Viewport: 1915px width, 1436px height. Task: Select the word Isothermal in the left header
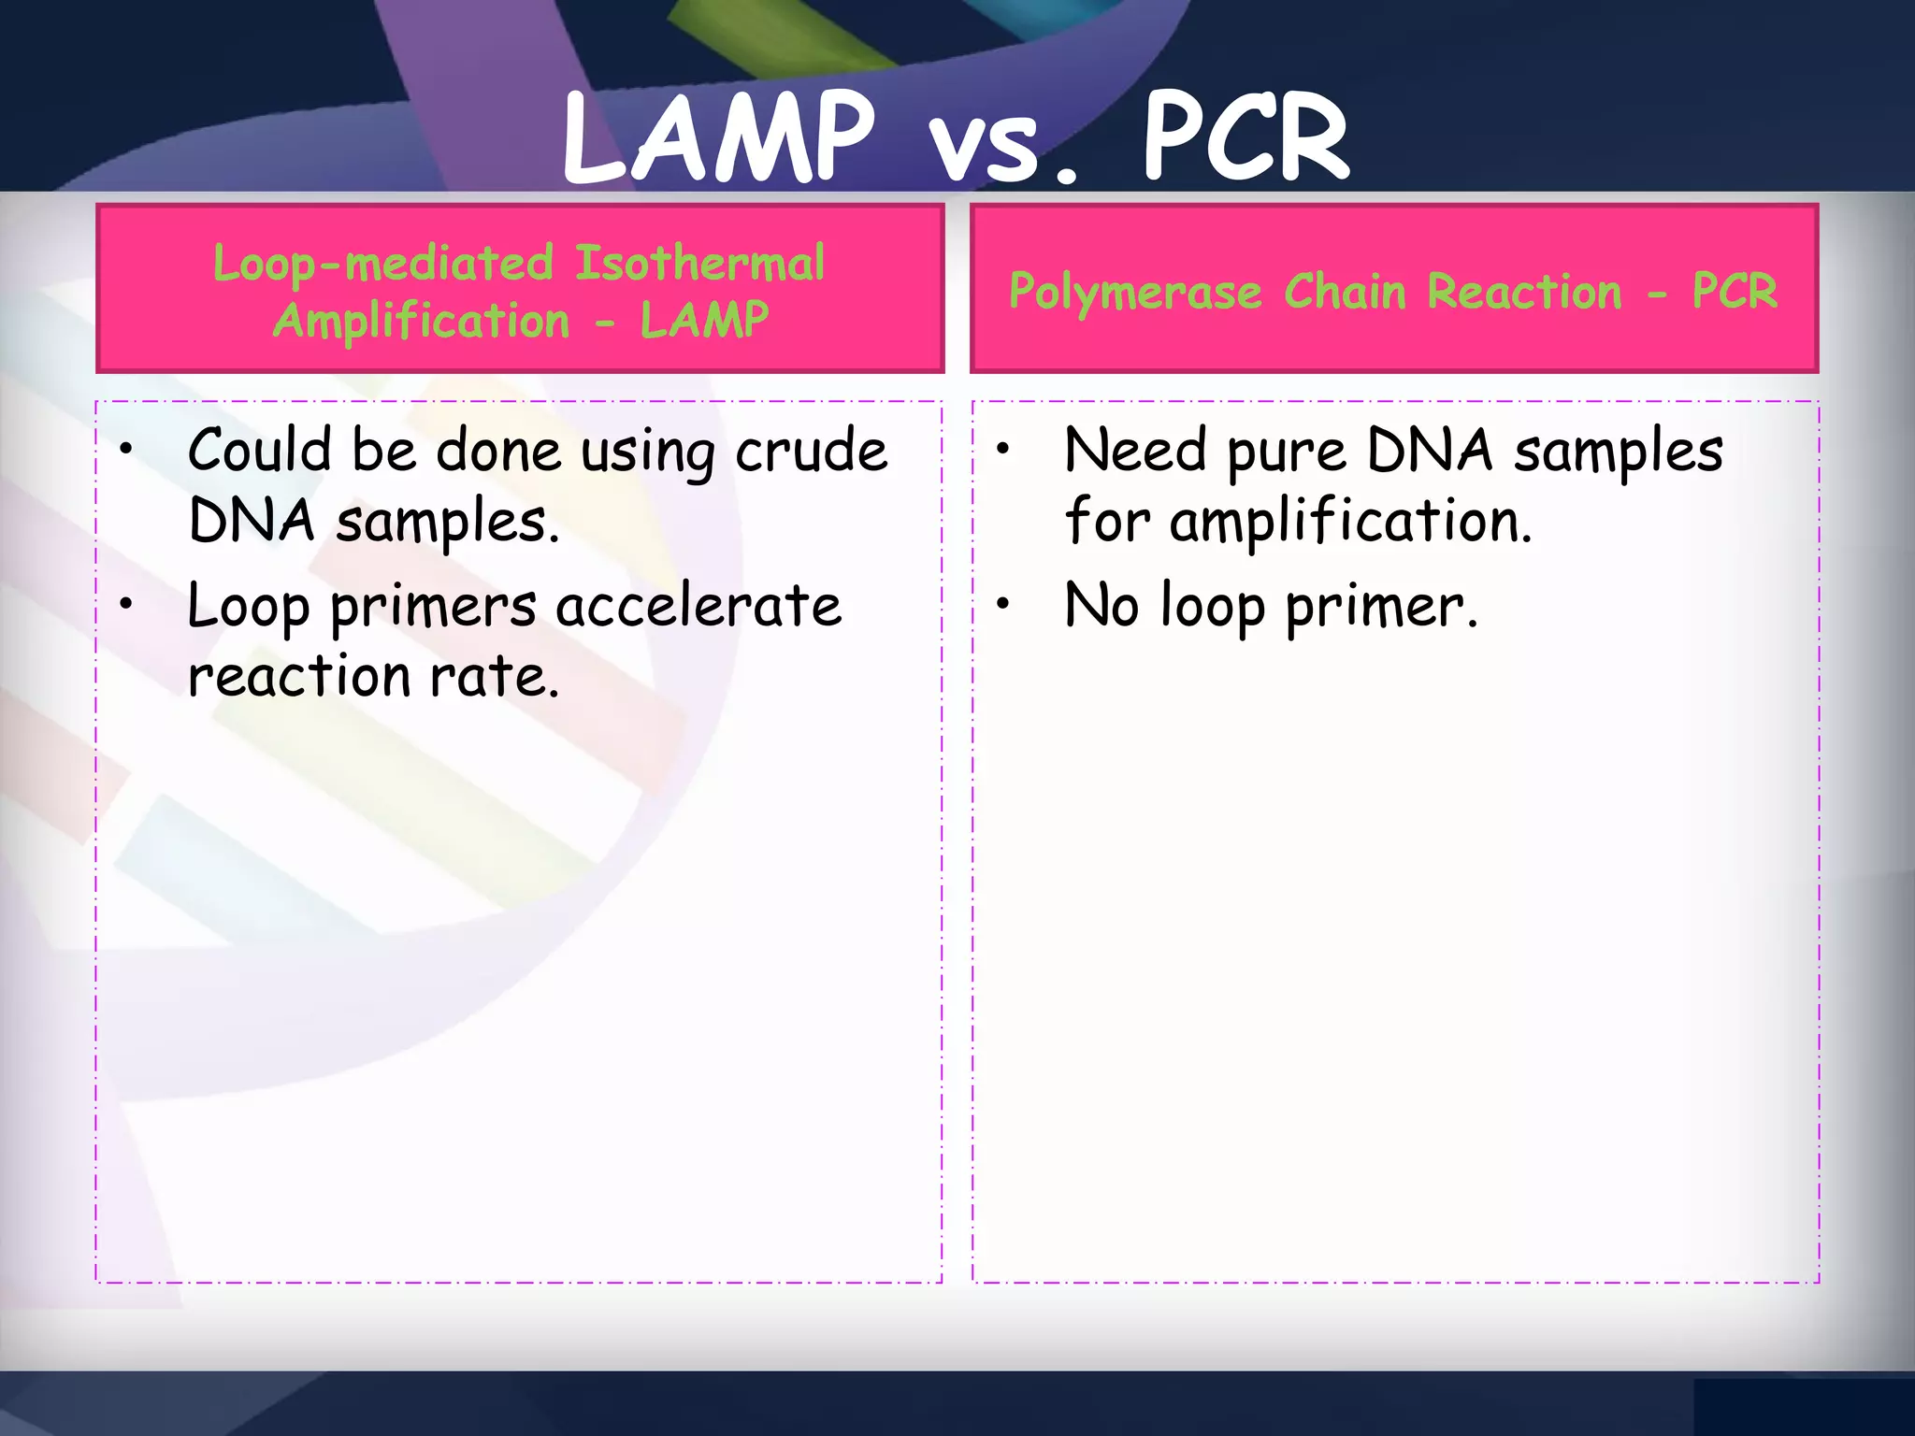click(699, 263)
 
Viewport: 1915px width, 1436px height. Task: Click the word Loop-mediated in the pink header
click(383, 265)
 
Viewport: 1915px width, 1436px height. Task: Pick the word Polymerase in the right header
click(1135, 293)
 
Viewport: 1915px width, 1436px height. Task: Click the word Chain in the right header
click(1345, 292)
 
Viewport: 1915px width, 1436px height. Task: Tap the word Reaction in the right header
click(1524, 292)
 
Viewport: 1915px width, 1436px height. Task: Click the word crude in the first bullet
click(811, 452)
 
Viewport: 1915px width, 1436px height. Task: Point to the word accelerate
click(698, 606)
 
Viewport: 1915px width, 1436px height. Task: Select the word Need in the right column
click(1135, 450)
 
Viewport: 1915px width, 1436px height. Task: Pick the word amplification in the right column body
click(1350, 522)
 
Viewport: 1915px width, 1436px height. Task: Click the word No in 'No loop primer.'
click(1101, 605)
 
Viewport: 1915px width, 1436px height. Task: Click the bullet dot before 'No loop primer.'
click(1002, 605)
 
